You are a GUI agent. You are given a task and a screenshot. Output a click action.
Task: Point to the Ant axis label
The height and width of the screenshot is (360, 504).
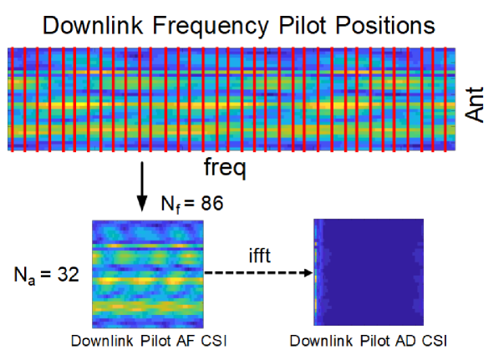(x=476, y=104)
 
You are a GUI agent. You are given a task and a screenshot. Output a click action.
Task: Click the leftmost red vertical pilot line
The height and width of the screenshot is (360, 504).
(x=15, y=99)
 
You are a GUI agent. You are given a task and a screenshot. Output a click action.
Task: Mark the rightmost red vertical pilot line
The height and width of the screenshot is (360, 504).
(x=452, y=99)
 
